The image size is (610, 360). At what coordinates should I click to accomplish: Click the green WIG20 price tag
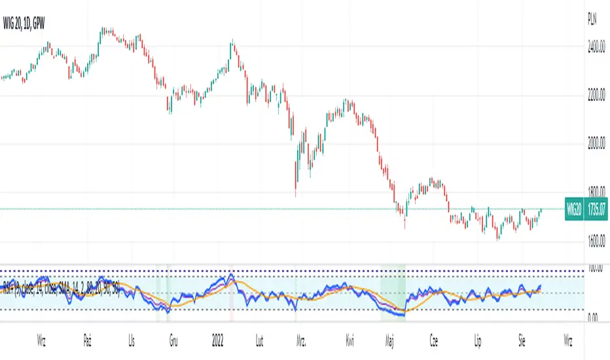point(573,209)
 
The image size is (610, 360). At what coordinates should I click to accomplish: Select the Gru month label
point(173,341)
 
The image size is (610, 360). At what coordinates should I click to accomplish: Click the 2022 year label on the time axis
point(219,341)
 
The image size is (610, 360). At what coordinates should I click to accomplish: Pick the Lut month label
point(260,341)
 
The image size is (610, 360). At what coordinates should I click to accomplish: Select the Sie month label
point(520,341)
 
